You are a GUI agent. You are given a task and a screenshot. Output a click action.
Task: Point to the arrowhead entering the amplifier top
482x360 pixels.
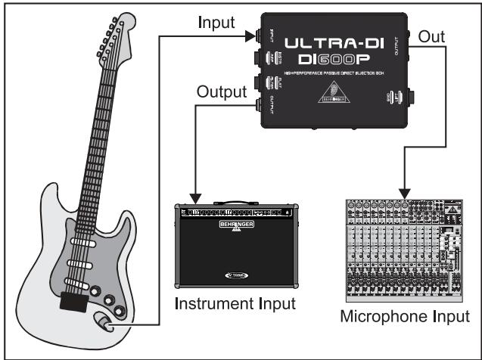[196, 198]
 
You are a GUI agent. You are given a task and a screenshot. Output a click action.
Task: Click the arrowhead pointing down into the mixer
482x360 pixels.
[406, 191]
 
